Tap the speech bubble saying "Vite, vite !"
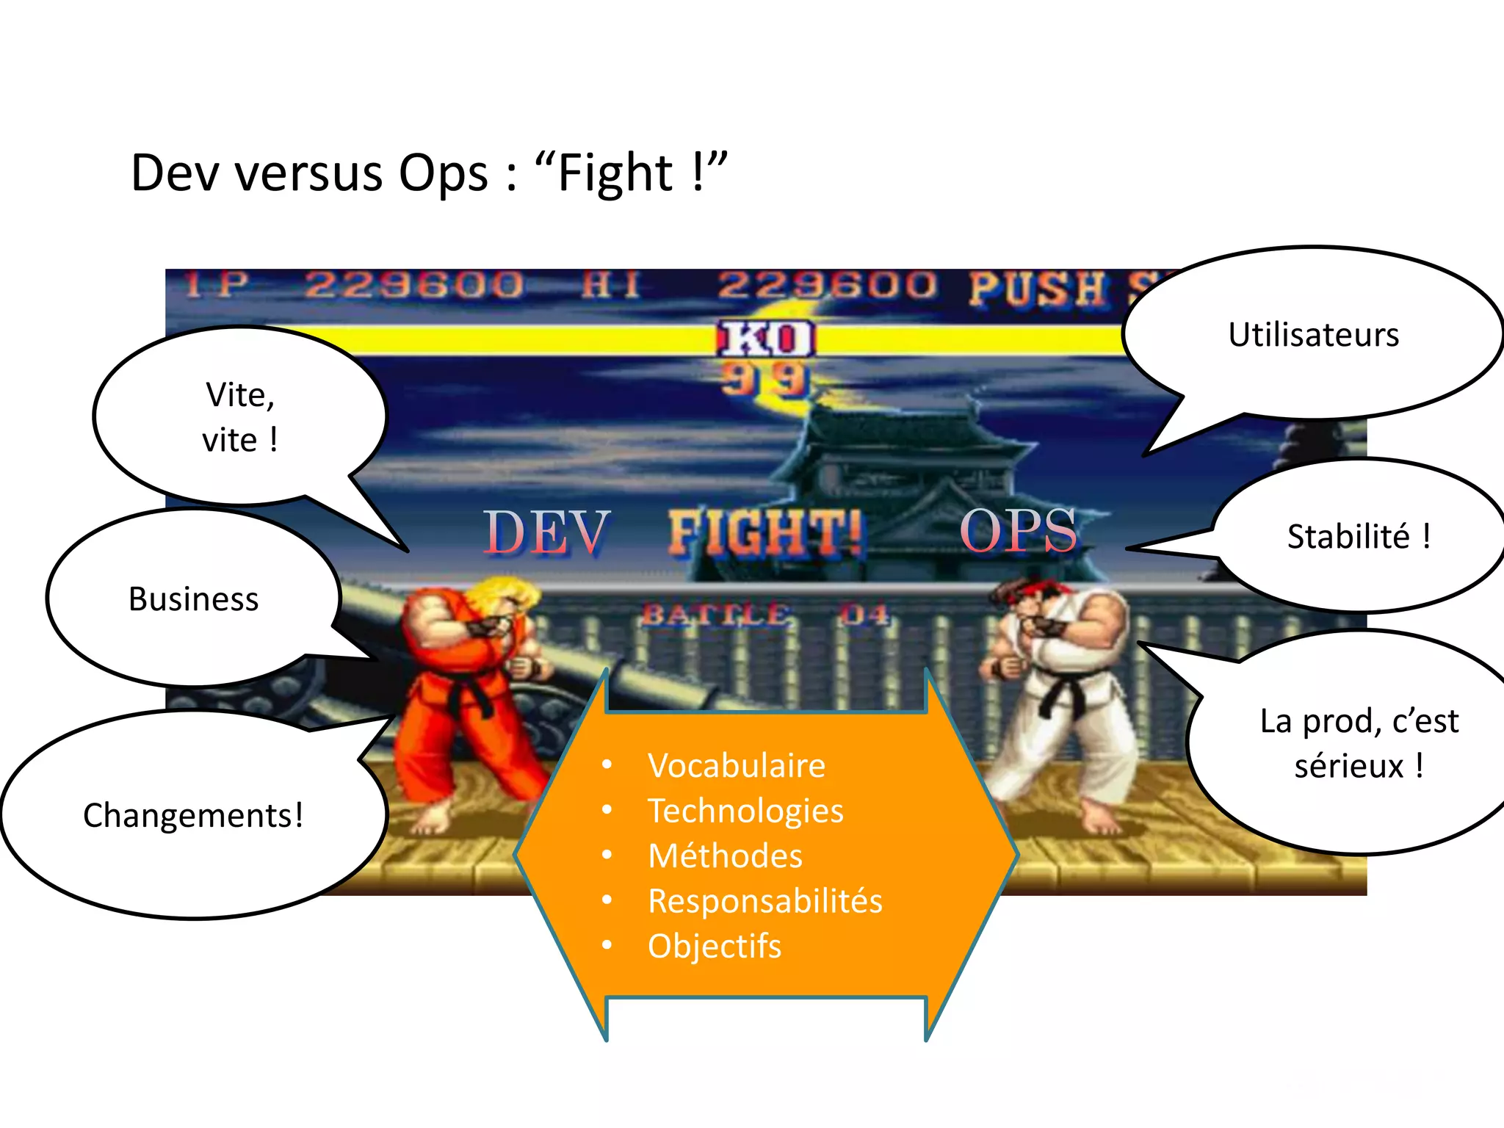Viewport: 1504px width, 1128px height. (240, 416)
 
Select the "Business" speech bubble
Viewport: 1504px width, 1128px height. (194, 599)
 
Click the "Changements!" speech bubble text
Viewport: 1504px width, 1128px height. (193, 815)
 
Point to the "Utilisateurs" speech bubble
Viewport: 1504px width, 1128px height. (1314, 335)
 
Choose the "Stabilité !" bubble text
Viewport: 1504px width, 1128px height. (1359, 536)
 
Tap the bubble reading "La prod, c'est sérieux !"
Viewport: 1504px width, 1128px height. (1359, 743)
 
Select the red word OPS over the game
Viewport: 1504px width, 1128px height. (1019, 529)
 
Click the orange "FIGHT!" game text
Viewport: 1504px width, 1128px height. (765, 532)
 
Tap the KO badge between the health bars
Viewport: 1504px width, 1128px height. (766, 339)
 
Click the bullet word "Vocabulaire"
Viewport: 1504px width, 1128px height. (737, 765)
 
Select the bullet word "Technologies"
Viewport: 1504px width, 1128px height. (745, 811)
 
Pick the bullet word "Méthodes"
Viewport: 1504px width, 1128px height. (726, 856)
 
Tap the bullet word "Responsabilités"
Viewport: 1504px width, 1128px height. (765, 901)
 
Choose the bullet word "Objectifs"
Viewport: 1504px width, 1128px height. (715, 946)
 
